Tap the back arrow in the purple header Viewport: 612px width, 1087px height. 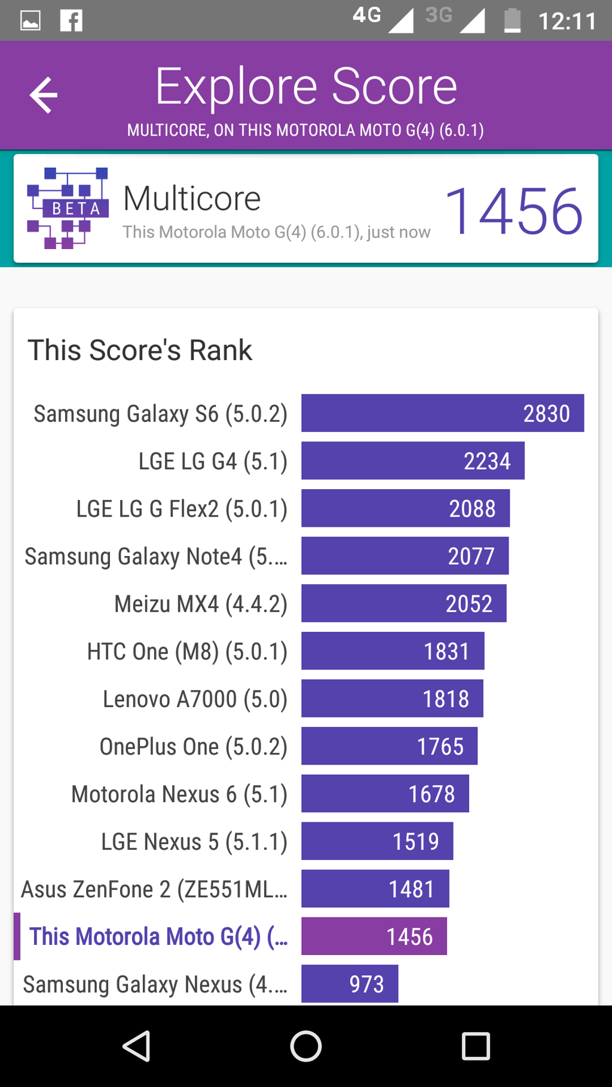(x=44, y=95)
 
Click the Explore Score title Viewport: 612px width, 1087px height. (x=306, y=87)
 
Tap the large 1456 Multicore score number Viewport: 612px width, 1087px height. (x=513, y=211)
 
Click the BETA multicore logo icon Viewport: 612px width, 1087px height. (x=68, y=208)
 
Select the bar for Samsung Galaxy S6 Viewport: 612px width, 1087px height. (x=442, y=413)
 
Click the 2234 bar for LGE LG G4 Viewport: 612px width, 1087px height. (x=412, y=460)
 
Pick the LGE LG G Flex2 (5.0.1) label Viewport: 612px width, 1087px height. (x=182, y=509)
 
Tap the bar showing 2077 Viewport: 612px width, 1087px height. (x=405, y=556)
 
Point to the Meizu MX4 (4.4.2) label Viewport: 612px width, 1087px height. (x=201, y=604)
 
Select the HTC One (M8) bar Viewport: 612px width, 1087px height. (x=393, y=651)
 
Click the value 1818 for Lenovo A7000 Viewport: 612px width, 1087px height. (x=446, y=699)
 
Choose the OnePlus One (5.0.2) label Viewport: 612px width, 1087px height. (x=193, y=747)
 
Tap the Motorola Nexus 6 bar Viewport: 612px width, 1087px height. (x=385, y=794)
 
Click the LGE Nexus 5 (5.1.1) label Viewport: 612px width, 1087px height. (x=194, y=842)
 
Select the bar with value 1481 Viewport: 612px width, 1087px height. (x=375, y=889)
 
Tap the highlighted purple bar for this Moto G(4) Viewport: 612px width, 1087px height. (x=374, y=936)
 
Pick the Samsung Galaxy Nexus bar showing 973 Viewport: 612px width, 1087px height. (x=350, y=984)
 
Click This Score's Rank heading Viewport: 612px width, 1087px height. (x=140, y=350)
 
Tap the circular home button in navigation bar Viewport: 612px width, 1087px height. (x=306, y=1046)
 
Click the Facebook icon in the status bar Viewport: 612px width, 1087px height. (x=71, y=21)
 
